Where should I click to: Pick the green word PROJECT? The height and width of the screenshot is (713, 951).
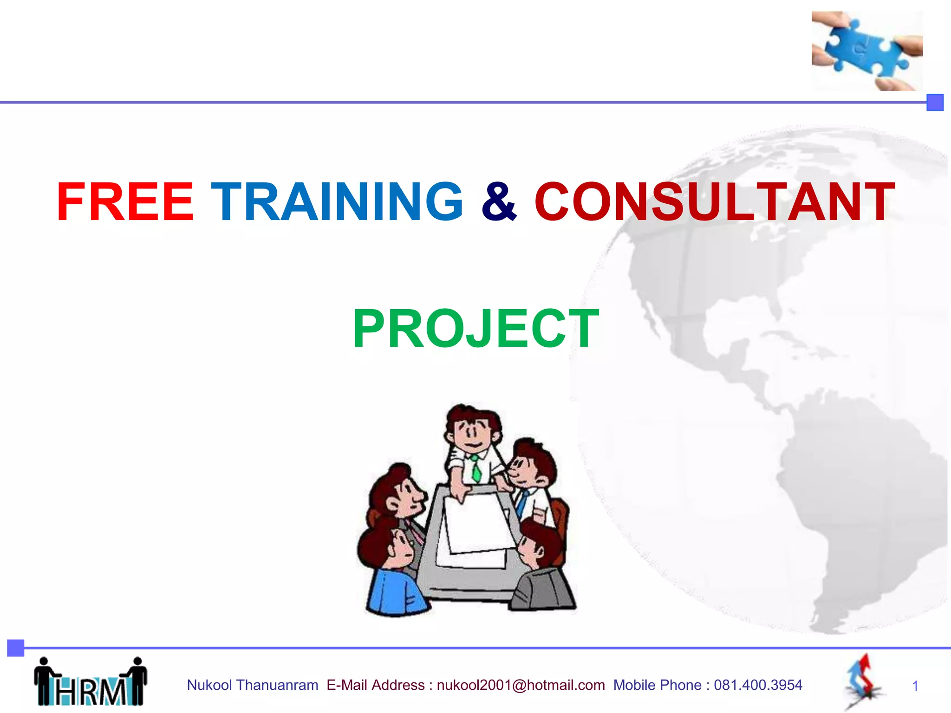[x=475, y=329]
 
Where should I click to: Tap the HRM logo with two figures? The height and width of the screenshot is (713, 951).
[x=91, y=682]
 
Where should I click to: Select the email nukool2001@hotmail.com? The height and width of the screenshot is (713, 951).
[x=521, y=685]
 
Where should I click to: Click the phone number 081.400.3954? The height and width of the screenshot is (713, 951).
[x=758, y=685]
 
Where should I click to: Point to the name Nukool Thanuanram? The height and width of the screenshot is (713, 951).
[x=252, y=685]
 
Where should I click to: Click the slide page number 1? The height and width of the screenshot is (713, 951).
[x=915, y=686]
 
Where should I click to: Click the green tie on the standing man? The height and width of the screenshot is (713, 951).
[x=476, y=469]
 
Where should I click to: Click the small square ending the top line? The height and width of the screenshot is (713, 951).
[x=935, y=103]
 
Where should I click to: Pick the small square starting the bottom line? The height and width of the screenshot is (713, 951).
[x=16, y=648]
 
